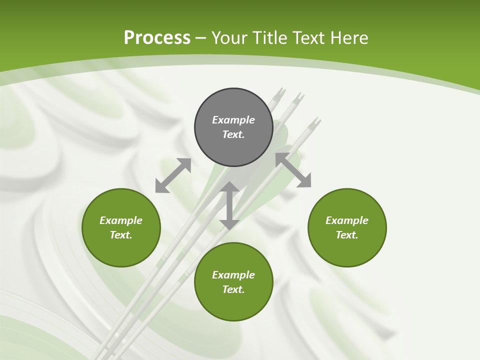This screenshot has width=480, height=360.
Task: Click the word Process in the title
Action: [157, 38]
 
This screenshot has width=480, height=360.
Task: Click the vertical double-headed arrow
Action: [229, 205]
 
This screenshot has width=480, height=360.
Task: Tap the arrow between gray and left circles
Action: [173, 175]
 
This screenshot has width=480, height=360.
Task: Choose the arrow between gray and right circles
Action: [293, 170]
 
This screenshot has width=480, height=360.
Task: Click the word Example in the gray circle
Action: [233, 120]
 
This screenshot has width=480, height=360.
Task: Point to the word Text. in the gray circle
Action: [233, 134]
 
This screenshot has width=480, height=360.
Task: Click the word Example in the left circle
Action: [121, 220]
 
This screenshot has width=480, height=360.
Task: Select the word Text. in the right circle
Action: [347, 235]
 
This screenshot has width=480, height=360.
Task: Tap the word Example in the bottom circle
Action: [233, 275]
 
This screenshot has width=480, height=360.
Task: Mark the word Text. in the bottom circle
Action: [233, 289]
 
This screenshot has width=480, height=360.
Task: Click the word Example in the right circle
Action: [347, 220]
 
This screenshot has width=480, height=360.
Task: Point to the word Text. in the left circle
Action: [121, 235]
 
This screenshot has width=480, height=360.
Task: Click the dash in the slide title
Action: [201, 38]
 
